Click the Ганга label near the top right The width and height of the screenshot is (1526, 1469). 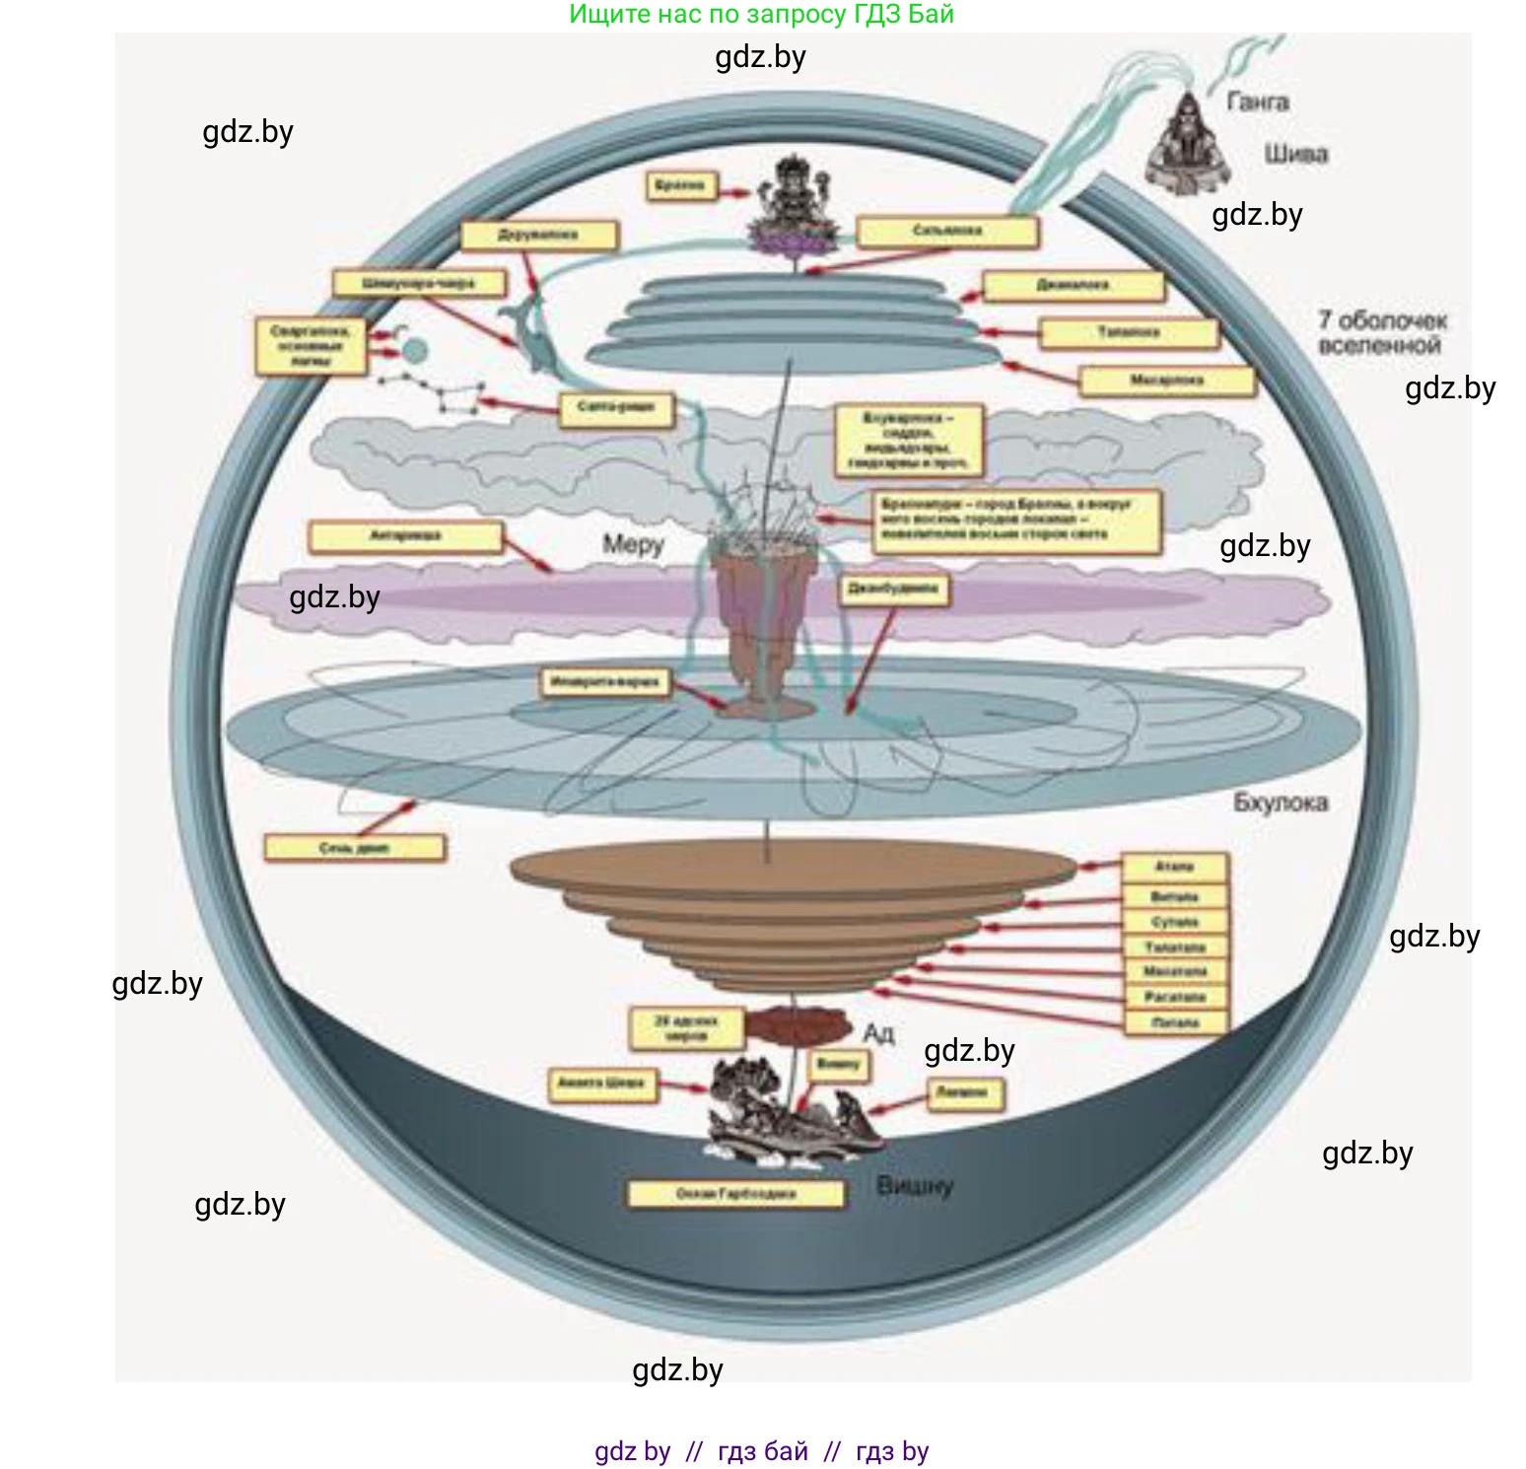tap(1257, 102)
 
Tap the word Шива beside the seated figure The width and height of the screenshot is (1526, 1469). tap(1295, 154)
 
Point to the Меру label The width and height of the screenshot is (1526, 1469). tap(633, 544)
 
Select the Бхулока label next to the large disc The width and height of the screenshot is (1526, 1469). tap(1280, 803)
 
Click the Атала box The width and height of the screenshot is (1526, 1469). tap(1174, 868)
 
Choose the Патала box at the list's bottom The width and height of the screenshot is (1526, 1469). tap(1174, 1023)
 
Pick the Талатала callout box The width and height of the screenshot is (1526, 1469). tap(1174, 947)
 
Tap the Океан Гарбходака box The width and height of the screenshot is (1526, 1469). tap(735, 1194)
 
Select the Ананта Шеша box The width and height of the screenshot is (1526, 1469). tap(600, 1084)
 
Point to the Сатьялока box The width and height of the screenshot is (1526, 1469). tap(946, 232)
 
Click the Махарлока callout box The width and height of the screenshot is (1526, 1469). tap(1166, 381)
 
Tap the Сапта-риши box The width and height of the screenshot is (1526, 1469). tap(616, 407)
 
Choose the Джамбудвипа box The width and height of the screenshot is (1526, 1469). tap(893, 591)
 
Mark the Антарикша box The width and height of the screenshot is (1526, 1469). tap(404, 536)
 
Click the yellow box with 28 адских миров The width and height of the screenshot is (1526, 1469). tap(686, 1028)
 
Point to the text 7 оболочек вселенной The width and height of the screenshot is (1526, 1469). tap(1381, 332)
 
